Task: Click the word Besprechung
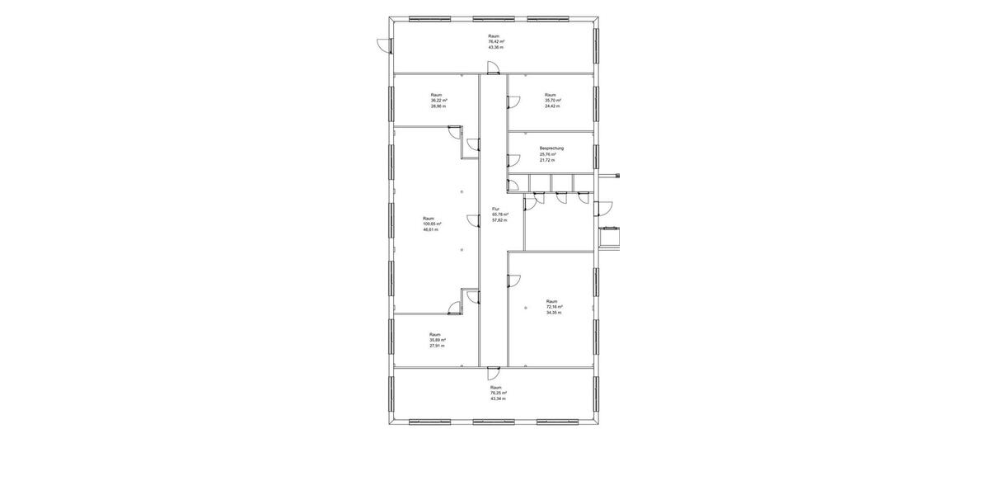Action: click(x=551, y=148)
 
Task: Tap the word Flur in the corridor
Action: click(x=495, y=209)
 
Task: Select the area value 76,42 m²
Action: click(x=496, y=41)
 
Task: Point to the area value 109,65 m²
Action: click(x=432, y=224)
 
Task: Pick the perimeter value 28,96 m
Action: click(x=438, y=106)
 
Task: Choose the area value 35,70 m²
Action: click(x=552, y=101)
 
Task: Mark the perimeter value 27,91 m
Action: click(x=437, y=346)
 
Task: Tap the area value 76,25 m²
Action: click(x=499, y=393)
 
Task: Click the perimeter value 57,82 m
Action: click(x=499, y=220)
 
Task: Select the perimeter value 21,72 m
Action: click(x=547, y=160)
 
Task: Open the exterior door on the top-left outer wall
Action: click(x=382, y=46)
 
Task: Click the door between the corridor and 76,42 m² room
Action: click(x=493, y=75)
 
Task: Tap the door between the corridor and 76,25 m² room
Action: click(x=493, y=370)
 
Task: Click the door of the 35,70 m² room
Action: click(x=513, y=103)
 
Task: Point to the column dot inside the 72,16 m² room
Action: click(x=527, y=308)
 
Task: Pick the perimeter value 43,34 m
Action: click(x=498, y=398)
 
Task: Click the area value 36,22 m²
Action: click(x=438, y=101)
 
